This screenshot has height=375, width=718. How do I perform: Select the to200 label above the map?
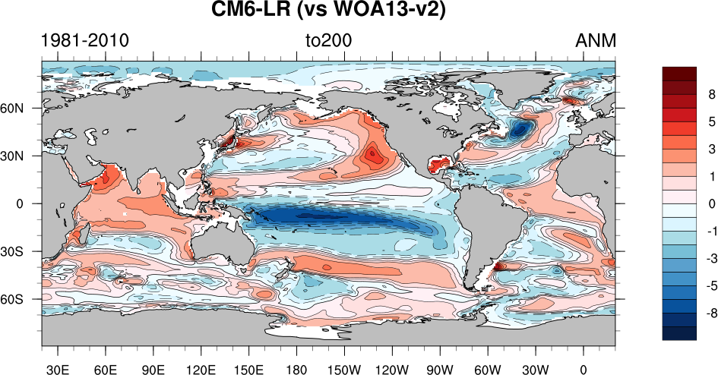click(x=328, y=40)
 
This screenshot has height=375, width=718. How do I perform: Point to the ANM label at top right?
click(x=596, y=40)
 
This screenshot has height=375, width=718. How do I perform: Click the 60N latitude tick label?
click(x=21, y=108)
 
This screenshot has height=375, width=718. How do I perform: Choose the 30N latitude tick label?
click(x=21, y=156)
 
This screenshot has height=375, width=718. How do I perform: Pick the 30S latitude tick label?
click(x=21, y=251)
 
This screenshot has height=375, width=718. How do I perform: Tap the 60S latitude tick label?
click(x=21, y=299)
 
